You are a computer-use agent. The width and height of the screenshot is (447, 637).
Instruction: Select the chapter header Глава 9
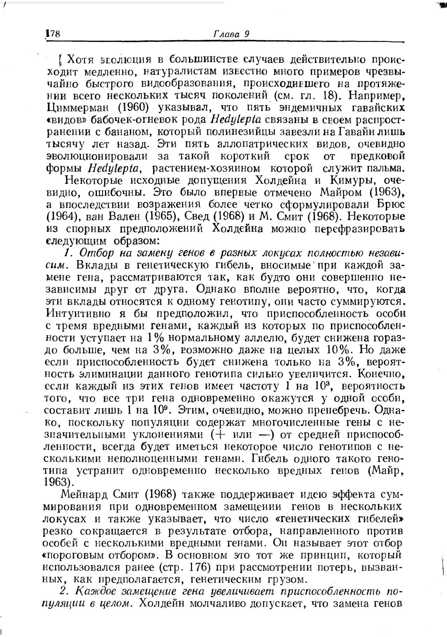[231, 34]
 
